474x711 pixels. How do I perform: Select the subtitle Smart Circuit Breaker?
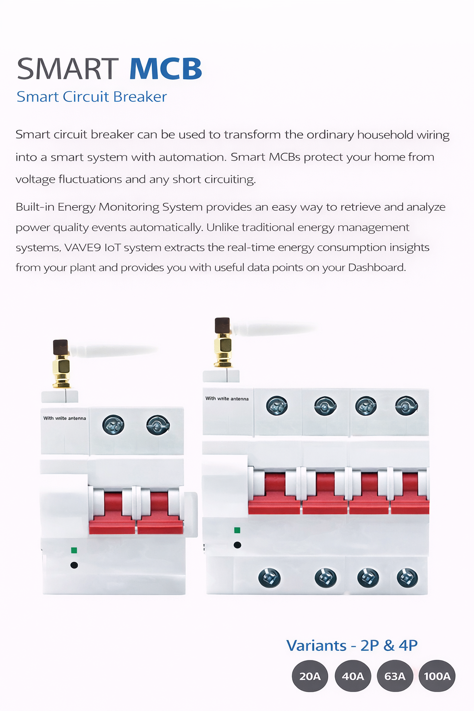pyautogui.click(x=92, y=97)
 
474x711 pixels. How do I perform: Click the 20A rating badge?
pyautogui.click(x=310, y=676)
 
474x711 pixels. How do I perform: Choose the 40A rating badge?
pyautogui.click(x=353, y=676)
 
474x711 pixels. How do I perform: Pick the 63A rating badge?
pyautogui.click(x=395, y=676)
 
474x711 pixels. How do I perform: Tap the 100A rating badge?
pyautogui.click(x=437, y=676)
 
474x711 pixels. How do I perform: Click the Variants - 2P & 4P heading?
pyautogui.click(x=352, y=645)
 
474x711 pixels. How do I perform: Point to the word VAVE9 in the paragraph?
pyautogui.click(x=82, y=248)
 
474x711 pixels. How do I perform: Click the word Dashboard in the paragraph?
pyautogui.click(x=377, y=268)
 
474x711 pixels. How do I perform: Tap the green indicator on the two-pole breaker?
pyautogui.click(x=74, y=550)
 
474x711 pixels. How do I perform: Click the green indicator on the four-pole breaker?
pyautogui.click(x=237, y=530)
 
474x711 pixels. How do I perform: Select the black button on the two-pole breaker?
pyautogui.click(x=74, y=565)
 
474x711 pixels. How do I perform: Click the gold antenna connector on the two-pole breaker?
pyautogui.click(x=62, y=371)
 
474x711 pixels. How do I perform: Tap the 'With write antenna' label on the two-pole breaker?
pyautogui.click(x=65, y=418)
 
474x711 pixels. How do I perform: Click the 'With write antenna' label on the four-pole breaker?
pyautogui.click(x=227, y=399)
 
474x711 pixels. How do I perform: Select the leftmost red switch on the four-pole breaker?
pyautogui.click(x=274, y=493)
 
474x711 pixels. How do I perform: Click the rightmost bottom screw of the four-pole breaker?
pyautogui.click(x=407, y=578)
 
